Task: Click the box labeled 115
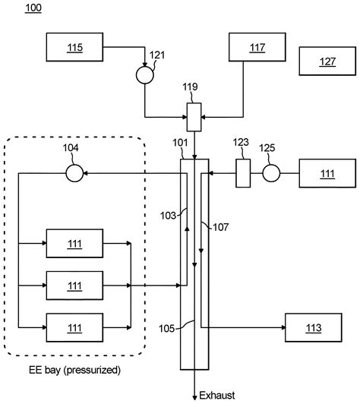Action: pos(74,48)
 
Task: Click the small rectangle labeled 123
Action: pos(243,173)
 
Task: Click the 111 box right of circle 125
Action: pos(327,174)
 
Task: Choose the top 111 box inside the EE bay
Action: pos(74,244)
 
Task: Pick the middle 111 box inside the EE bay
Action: pos(74,286)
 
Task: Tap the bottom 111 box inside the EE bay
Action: pos(74,327)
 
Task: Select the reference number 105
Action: pos(168,328)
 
